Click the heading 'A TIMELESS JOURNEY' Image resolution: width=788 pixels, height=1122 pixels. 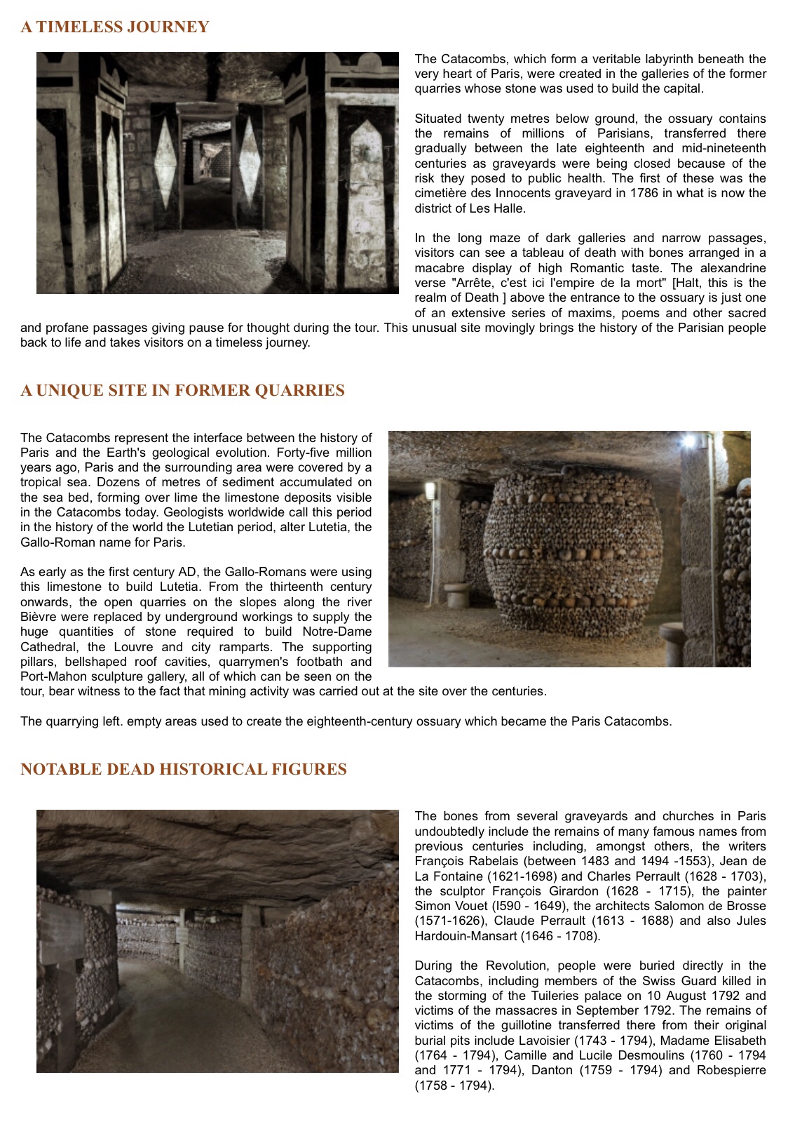(x=114, y=27)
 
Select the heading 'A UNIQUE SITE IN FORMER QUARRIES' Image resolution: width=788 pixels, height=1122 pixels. (x=182, y=391)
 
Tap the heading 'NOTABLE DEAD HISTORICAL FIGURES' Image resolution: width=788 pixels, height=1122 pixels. (x=184, y=770)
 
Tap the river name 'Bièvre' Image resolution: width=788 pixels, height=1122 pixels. (x=39, y=617)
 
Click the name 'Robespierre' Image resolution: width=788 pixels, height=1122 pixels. (x=733, y=1071)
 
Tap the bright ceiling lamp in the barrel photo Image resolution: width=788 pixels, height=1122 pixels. (x=691, y=441)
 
